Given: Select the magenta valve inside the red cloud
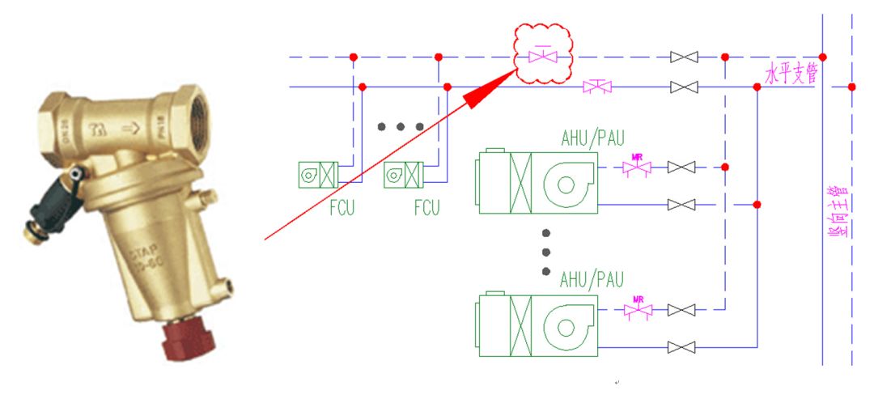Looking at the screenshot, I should point(542,57).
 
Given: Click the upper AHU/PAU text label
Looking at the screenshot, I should point(592,135).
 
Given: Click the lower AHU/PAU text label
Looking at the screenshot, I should point(592,279).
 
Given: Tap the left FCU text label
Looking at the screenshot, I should point(342,208).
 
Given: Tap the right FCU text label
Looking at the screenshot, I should point(426,208).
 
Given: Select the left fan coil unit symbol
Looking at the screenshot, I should point(316,173).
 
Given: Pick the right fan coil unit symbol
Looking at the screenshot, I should point(403,173).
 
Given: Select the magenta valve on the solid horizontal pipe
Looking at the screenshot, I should point(597,87).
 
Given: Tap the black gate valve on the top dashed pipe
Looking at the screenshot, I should point(685,57).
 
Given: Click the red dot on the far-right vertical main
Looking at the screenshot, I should point(851,87).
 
